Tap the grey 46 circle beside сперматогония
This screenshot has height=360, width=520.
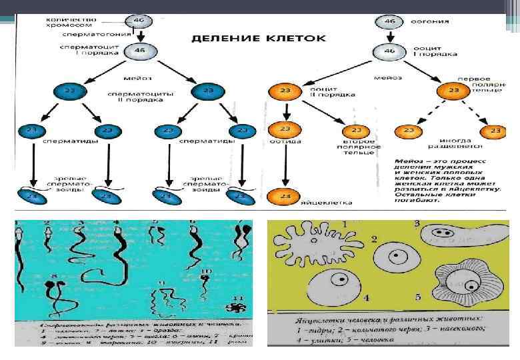pos(139,20)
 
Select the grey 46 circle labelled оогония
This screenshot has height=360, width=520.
pos(389,21)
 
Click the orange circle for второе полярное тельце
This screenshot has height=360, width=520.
pos(356,131)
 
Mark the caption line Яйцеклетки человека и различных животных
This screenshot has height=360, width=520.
pos(371,319)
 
